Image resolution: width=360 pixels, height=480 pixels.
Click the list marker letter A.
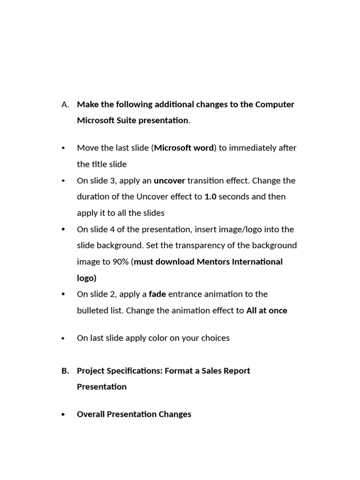click(x=65, y=105)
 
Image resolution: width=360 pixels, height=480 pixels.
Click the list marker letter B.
click(x=65, y=371)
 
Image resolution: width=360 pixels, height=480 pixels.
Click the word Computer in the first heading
click(x=275, y=105)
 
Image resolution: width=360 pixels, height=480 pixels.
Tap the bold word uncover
click(x=169, y=180)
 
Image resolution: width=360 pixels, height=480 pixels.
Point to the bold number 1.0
click(x=210, y=197)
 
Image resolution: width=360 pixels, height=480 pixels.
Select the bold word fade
click(x=157, y=294)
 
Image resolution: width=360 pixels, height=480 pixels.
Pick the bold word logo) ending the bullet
click(x=87, y=278)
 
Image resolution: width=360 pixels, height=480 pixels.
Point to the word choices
click(x=214, y=338)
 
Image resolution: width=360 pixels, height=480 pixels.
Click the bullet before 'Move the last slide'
click(x=63, y=149)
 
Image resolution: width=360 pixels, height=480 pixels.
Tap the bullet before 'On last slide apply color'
click(x=63, y=338)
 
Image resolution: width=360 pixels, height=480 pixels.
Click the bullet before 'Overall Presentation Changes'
click(x=63, y=415)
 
